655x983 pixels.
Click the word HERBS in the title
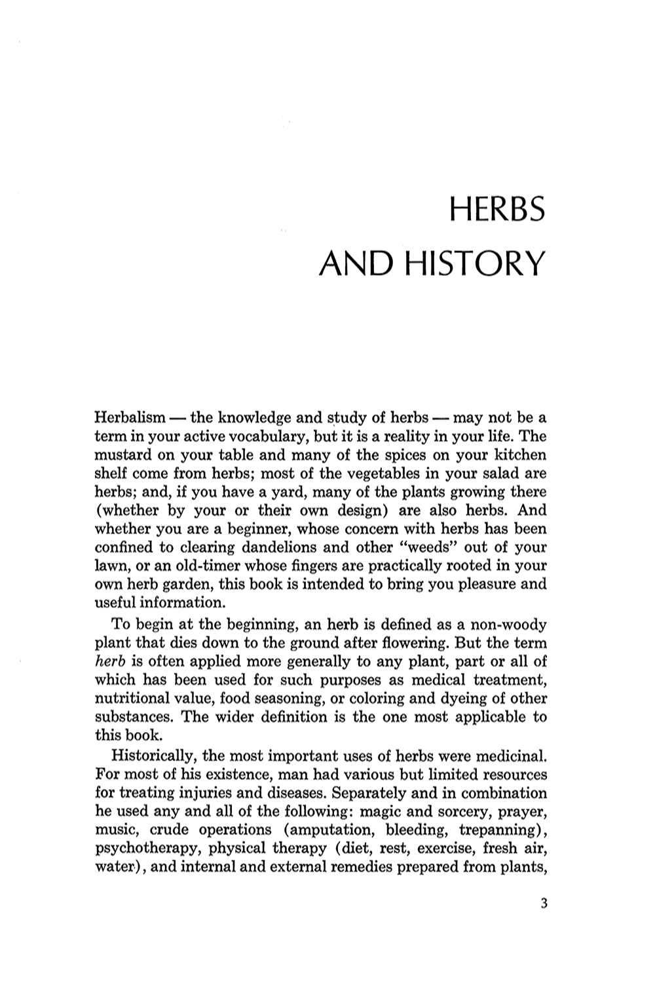point(497,211)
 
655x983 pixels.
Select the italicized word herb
point(109,661)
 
